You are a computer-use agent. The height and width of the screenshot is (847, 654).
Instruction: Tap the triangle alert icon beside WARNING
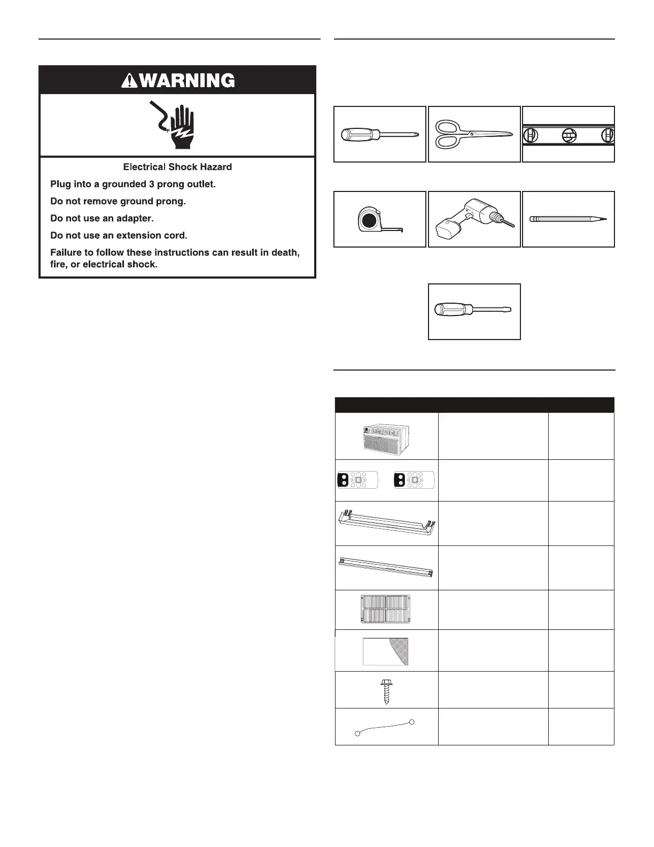pyautogui.click(x=129, y=81)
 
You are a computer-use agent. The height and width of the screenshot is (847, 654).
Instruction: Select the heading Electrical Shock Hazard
pyautogui.click(x=177, y=167)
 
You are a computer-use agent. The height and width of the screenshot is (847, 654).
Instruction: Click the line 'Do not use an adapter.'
pyautogui.click(x=102, y=218)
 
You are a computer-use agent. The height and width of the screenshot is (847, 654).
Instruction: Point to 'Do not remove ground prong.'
pyautogui.click(x=118, y=201)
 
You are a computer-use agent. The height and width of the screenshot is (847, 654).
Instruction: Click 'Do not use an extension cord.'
pyautogui.click(x=119, y=235)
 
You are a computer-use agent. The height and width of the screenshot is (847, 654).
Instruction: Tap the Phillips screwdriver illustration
pyautogui.click(x=379, y=135)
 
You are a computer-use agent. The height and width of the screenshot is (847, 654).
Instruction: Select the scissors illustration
pyautogui.click(x=474, y=134)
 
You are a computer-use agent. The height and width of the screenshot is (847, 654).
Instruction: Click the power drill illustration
pyautogui.click(x=474, y=219)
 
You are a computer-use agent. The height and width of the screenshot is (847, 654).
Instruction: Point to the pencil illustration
pyautogui.click(x=568, y=219)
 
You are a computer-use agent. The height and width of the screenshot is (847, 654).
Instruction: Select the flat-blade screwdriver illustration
pyautogui.click(x=474, y=310)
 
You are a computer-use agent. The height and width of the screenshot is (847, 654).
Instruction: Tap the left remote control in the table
pyautogui.click(x=357, y=480)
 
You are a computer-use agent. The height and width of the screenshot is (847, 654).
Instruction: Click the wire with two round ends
pyautogui.click(x=385, y=728)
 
